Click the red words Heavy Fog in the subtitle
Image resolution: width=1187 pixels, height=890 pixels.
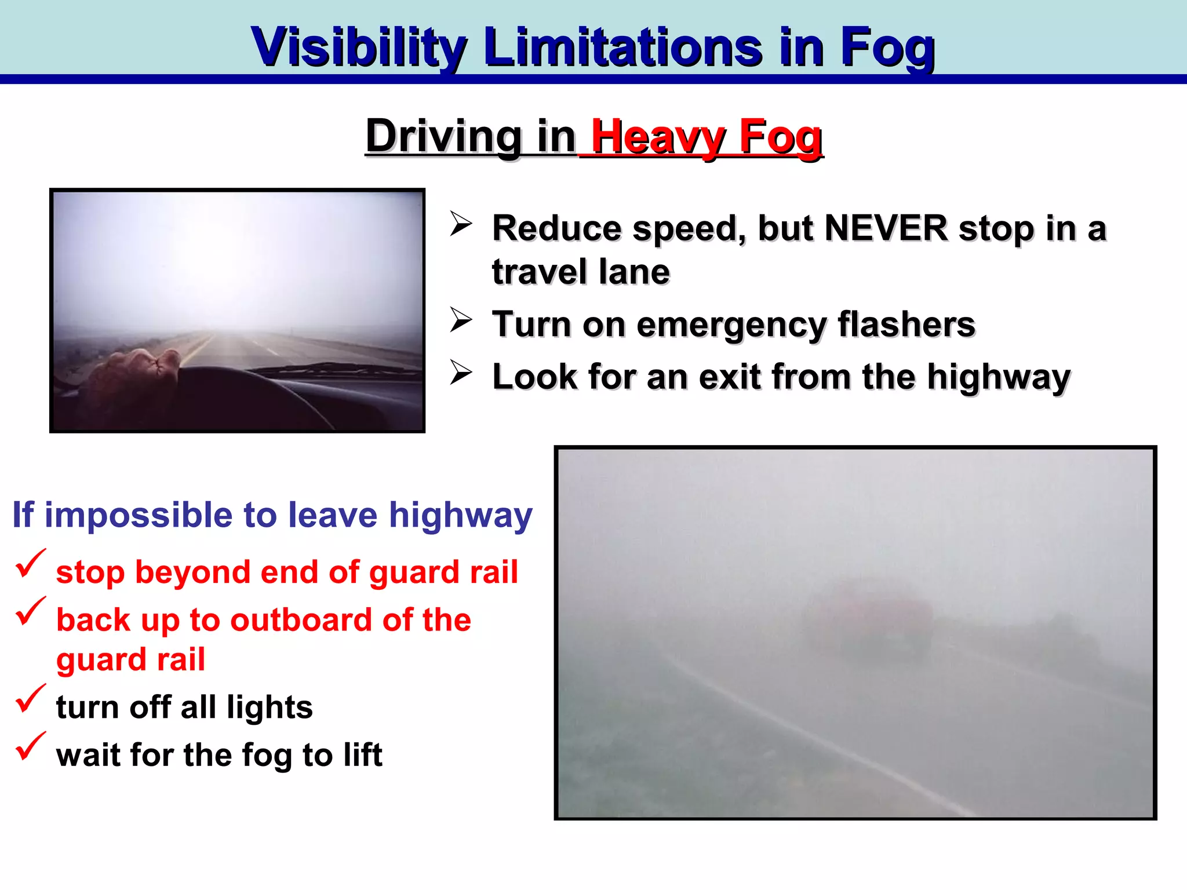(x=707, y=137)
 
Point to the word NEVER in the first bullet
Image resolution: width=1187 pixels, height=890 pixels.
(x=886, y=228)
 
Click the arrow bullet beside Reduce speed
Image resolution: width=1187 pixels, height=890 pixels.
(x=461, y=224)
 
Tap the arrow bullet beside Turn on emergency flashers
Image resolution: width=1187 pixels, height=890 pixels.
(x=461, y=320)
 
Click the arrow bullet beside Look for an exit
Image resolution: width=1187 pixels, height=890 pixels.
(x=461, y=373)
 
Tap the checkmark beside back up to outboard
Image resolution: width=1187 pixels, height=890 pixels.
(x=30, y=612)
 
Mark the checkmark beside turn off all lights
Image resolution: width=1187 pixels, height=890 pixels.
(x=30, y=699)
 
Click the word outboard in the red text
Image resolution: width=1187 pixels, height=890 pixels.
(x=301, y=620)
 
